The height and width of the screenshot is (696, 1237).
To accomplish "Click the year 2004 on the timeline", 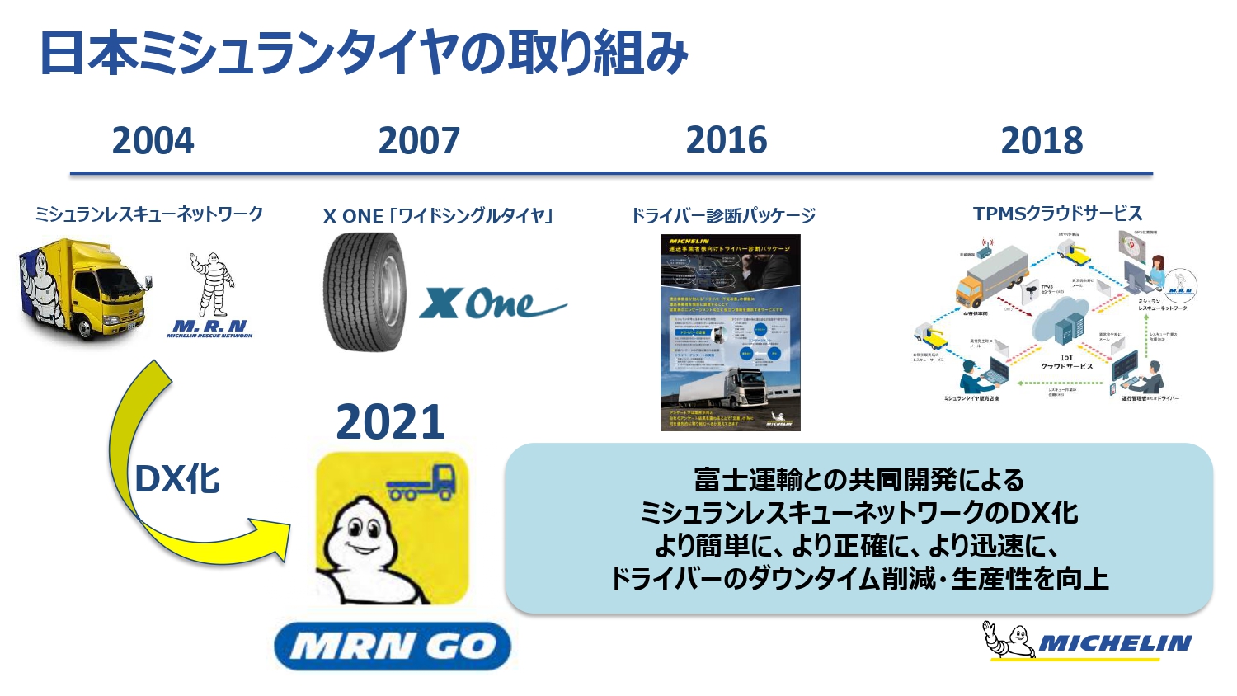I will (153, 141).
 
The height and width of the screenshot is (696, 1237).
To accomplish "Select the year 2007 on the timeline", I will (419, 141).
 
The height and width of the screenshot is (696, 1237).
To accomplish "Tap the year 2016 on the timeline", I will (727, 140).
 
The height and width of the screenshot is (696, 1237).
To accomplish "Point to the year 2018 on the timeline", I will (1042, 141).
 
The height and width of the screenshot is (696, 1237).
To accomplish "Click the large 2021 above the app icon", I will (390, 422).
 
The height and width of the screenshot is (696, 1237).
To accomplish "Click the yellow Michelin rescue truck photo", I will (82, 289).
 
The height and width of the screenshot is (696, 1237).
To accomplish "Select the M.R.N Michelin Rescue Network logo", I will (211, 297).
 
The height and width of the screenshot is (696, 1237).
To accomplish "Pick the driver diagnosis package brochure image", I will (730, 332).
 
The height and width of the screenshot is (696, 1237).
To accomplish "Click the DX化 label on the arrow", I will (177, 479).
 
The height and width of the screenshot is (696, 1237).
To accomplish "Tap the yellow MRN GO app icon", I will (392, 528).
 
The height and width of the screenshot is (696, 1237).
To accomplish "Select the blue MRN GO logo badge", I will (392, 646).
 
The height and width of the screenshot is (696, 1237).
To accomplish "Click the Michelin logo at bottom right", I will (1089, 641).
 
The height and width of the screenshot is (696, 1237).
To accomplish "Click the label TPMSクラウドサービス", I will (1057, 214).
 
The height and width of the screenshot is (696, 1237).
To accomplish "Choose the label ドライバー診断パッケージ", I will (723, 216).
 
